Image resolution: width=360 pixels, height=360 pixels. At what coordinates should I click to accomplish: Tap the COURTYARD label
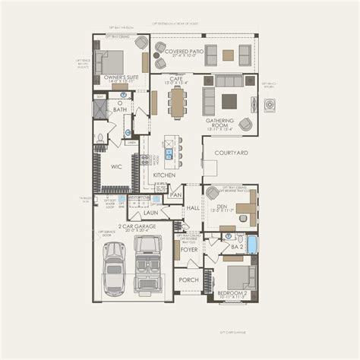click(231, 153)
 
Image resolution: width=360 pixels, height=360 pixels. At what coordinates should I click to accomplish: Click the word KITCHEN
click(164, 175)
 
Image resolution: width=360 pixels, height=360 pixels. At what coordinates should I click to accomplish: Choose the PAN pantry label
click(175, 195)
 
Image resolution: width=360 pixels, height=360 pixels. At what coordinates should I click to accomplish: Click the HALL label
click(192, 207)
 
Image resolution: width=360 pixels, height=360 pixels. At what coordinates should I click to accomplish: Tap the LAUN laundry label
click(150, 213)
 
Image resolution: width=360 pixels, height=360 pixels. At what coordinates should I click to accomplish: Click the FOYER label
click(188, 248)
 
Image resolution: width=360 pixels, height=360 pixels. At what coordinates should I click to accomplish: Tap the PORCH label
click(188, 279)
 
